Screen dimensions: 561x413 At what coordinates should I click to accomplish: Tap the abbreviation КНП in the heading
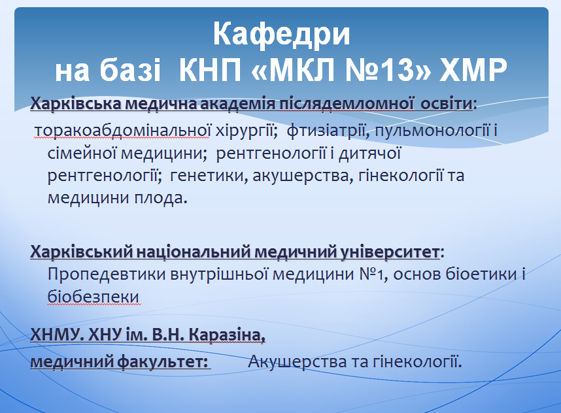(210, 69)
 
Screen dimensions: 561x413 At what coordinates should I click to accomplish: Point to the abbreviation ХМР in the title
(473, 69)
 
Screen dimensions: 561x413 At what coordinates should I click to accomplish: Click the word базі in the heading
(130, 69)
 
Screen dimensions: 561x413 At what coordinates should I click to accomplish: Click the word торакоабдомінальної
(122, 131)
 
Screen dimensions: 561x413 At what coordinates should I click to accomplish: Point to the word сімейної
(82, 153)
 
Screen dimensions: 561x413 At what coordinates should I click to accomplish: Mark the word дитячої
(369, 153)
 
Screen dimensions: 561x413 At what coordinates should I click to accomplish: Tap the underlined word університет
(389, 252)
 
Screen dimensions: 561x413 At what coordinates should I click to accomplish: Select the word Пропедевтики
(107, 274)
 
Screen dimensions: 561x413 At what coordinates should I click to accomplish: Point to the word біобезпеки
(93, 297)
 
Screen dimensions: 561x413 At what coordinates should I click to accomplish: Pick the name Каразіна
(227, 335)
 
